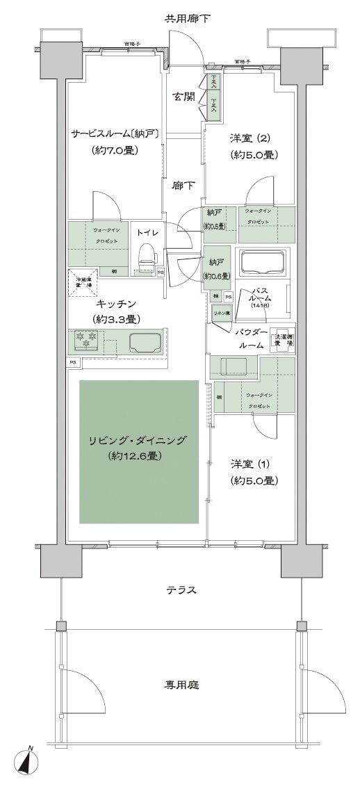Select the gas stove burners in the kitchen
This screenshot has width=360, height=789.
point(86,341)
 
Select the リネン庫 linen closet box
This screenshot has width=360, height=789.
point(222,314)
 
